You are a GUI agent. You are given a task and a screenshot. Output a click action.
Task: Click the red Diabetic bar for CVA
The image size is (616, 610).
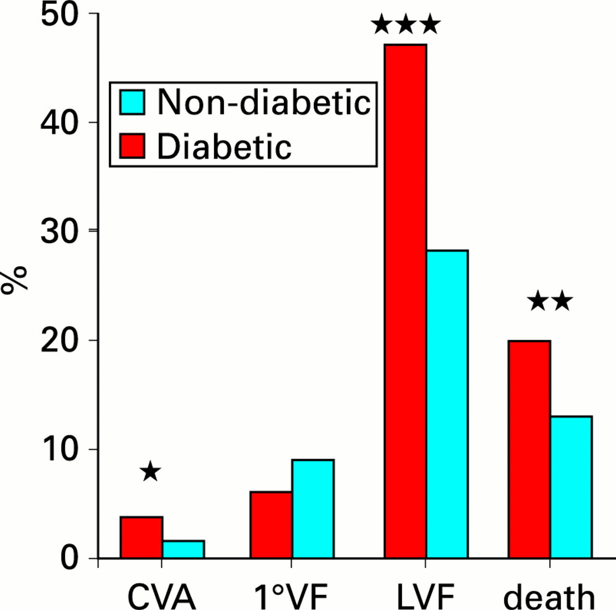(x=141, y=537)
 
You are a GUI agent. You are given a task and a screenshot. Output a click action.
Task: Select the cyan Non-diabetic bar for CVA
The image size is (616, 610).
(x=183, y=549)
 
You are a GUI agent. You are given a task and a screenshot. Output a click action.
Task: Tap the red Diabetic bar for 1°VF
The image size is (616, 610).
(x=271, y=525)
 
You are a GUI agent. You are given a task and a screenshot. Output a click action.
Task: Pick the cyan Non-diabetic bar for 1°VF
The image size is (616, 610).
(x=313, y=509)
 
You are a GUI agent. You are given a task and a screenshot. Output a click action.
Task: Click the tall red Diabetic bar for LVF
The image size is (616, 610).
(x=405, y=301)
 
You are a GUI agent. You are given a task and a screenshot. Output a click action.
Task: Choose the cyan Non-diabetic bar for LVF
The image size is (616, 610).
(x=447, y=404)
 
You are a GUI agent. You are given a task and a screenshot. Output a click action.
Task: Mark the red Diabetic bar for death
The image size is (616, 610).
(x=529, y=449)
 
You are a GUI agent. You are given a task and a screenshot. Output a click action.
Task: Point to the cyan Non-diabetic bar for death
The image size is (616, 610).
(x=571, y=487)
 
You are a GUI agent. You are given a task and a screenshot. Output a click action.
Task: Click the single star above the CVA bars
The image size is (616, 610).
(x=150, y=471)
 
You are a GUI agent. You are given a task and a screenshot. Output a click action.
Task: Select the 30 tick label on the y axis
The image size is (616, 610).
(x=59, y=232)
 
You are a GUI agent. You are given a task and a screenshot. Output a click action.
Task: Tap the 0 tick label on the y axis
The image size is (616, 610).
(x=69, y=558)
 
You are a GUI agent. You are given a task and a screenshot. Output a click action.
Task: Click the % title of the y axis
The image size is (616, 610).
(x=14, y=281)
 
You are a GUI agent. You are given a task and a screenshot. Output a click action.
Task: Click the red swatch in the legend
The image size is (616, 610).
(x=132, y=146)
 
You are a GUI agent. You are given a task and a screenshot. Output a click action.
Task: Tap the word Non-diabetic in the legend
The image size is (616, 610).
(x=264, y=102)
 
